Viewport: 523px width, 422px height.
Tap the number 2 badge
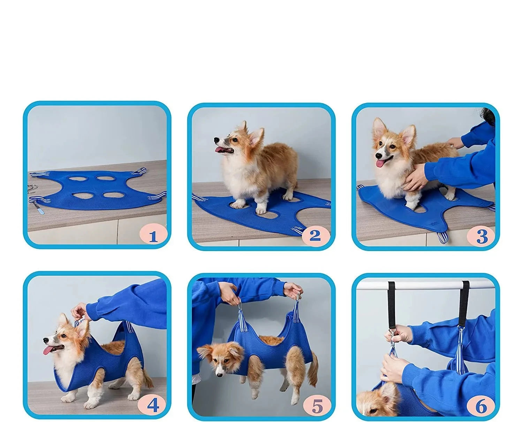click(x=315, y=235)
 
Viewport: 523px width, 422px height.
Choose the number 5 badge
click(x=317, y=406)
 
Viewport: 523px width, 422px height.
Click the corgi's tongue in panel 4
click(x=48, y=350)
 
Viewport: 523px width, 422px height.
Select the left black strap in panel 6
click(x=392, y=306)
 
